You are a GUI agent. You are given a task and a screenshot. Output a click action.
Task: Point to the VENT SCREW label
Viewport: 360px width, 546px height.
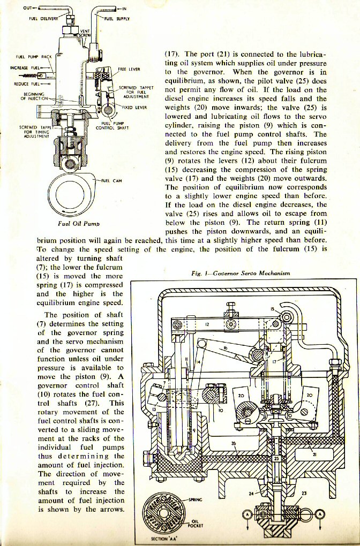coord(85,34)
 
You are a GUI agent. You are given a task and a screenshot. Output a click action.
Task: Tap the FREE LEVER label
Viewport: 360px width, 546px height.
coord(129,70)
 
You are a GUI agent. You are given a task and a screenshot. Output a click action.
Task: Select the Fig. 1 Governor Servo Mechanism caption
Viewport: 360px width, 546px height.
coord(241,273)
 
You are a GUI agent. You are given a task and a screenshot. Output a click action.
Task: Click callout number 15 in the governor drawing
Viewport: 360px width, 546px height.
coord(273,309)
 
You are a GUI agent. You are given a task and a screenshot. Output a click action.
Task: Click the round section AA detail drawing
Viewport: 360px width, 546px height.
coord(163,511)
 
